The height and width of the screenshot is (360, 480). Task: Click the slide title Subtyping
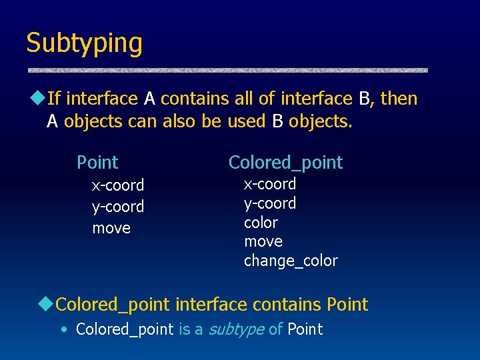84,43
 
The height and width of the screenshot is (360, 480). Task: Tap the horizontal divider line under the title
227,70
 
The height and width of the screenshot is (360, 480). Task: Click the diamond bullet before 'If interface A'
39,99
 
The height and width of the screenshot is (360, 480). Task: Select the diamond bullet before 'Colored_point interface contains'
46,305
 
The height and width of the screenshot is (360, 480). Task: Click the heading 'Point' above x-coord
97,162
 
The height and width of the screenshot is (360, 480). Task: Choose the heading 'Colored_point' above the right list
285,162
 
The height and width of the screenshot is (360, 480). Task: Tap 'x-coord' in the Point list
118,185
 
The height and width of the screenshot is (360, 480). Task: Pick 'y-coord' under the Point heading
118,207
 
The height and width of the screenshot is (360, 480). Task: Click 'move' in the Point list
111,228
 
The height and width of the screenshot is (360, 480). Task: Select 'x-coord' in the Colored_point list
270,183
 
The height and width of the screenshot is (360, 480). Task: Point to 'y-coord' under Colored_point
270,203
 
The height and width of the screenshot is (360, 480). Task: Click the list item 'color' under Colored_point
261,222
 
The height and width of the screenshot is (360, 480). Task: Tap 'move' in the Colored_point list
263,241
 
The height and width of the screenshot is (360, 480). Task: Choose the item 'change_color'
291,260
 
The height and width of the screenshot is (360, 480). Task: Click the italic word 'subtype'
237,329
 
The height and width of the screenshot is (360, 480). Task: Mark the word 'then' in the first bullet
399,99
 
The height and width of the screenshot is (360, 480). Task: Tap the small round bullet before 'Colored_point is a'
63,329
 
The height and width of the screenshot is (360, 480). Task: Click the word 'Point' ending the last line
305,329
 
